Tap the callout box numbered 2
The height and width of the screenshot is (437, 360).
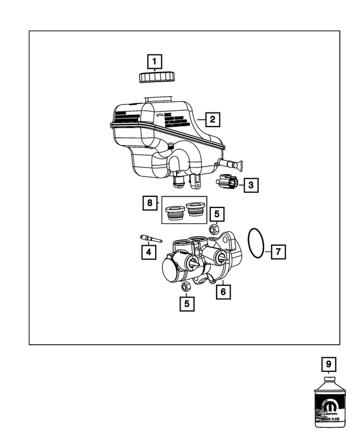tap(211, 119)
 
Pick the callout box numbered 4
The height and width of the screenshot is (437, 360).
tap(148, 253)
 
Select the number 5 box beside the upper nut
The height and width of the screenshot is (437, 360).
tap(218, 214)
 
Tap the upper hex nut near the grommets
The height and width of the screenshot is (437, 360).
tap(214, 229)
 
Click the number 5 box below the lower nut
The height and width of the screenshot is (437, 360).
tap(187, 304)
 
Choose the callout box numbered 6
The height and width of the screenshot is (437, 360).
tap(223, 291)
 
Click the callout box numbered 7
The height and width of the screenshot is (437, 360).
tap(277, 251)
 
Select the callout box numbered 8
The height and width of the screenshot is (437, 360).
tap(148, 202)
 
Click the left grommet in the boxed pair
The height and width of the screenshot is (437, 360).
tap(173, 213)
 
